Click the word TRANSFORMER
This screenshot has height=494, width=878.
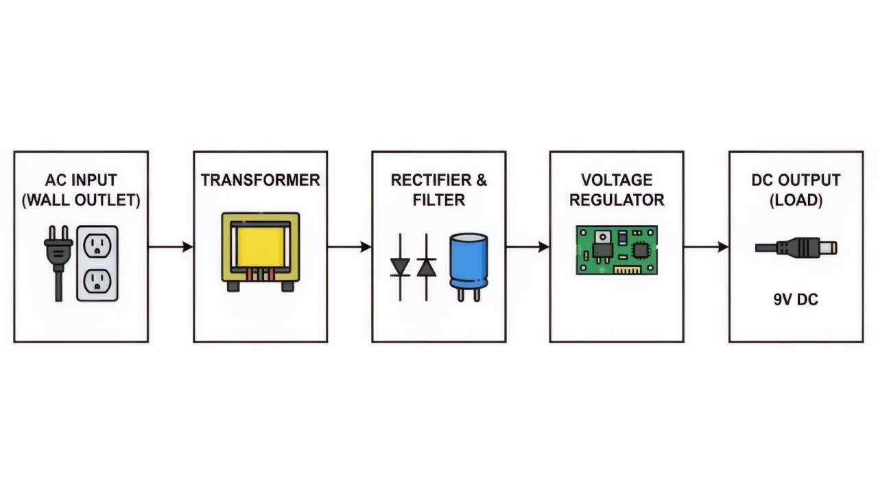(260, 180)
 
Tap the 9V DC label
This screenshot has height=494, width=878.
(796, 300)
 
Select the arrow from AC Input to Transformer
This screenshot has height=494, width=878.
(171, 247)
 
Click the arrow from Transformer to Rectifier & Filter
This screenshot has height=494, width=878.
(350, 247)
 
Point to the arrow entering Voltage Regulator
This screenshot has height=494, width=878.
(528, 247)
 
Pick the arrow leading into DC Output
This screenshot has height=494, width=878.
(707, 247)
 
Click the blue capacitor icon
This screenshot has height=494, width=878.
(468, 268)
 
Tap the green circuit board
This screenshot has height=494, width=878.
(617, 250)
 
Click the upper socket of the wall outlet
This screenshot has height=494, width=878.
(97, 246)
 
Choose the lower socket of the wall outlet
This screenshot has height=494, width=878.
(97, 281)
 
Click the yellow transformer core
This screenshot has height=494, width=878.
(260, 247)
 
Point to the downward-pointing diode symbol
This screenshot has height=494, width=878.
(400, 268)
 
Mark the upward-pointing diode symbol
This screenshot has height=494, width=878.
(427, 268)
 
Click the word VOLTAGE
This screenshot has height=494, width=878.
(617, 180)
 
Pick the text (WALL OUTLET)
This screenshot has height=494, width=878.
(81, 200)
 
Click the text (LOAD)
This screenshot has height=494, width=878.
(796, 200)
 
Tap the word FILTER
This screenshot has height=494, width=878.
(438, 200)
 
